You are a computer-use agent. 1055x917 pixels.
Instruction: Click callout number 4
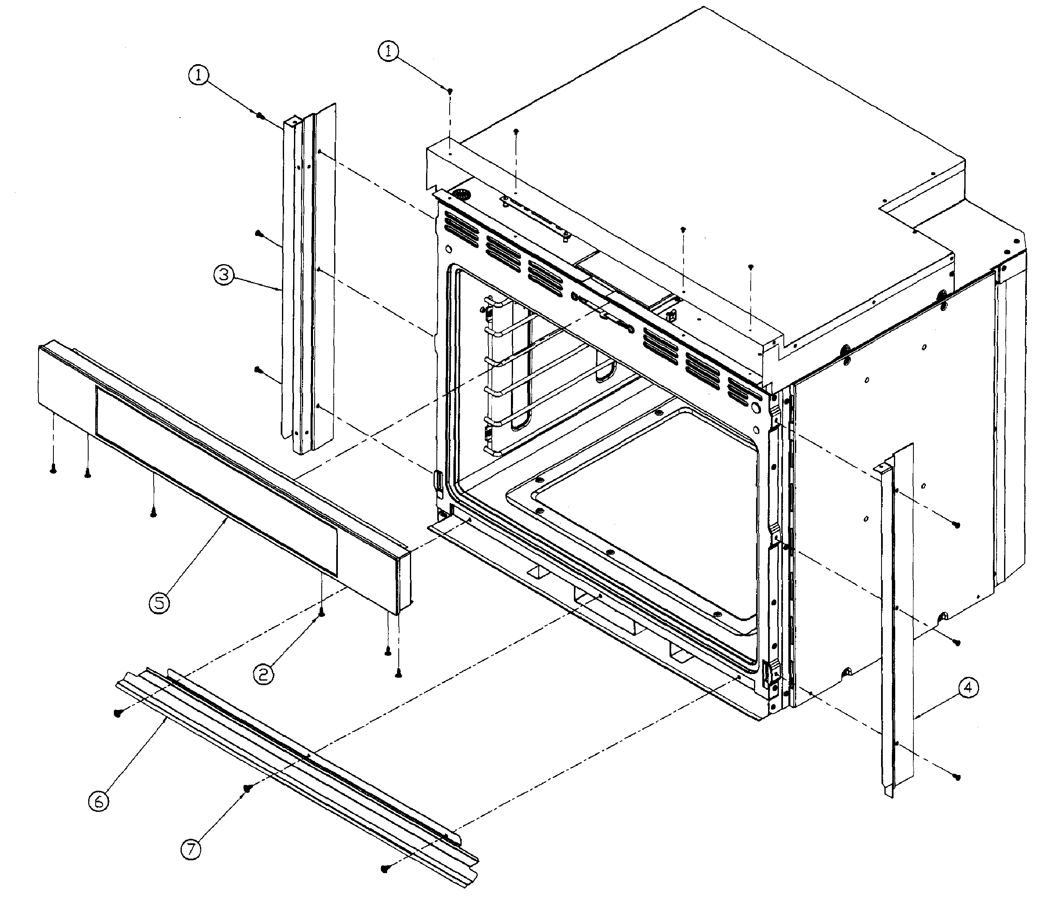(x=968, y=688)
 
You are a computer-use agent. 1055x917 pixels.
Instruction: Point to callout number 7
(x=191, y=850)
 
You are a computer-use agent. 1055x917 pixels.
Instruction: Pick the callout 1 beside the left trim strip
(x=199, y=76)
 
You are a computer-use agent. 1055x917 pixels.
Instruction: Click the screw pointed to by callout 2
(x=321, y=614)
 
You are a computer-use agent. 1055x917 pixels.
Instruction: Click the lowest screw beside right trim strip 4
(x=957, y=777)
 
